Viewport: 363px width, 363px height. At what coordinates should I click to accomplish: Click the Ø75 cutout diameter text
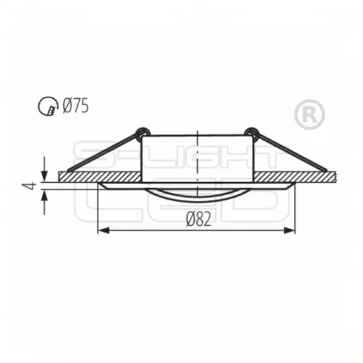click(x=76, y=106)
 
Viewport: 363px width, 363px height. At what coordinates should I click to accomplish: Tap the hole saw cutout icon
click(x=48, y=106)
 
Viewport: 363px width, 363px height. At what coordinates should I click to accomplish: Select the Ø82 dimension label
click(x=198, y=219)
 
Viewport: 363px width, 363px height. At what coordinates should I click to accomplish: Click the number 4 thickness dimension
click(x=32, y=186)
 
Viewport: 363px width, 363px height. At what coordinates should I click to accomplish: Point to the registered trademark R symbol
click(x=309, y=114)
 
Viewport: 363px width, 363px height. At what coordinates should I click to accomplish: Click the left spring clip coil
click(x=143, y=133)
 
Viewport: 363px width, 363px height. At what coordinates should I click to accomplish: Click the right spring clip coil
click(x=251, y=133)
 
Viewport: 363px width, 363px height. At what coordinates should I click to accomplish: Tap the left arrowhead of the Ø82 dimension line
click(x=104, y=231)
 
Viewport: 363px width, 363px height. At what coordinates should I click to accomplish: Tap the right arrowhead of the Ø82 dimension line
click(x=290, y=231)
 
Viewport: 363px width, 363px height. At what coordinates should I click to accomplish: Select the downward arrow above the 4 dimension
click(x=44, y=169)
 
